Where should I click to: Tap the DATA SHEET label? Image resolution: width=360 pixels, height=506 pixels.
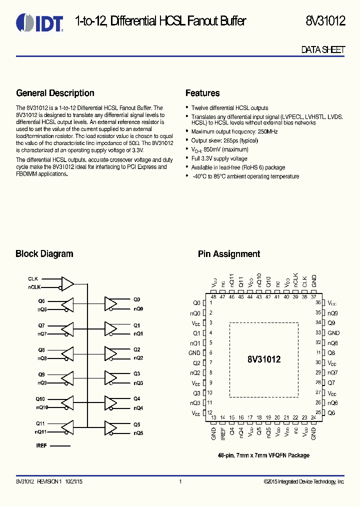click(323, 50)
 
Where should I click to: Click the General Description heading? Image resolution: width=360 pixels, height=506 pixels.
click(55, 93)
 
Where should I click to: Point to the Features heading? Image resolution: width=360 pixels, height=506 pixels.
click(202, 93)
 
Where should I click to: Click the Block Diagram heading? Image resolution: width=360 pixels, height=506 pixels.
click(44, 254)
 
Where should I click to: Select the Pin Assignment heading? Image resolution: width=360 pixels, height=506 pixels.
click(229, 254)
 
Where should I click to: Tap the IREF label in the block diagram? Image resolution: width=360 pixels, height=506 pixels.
click(41, 445)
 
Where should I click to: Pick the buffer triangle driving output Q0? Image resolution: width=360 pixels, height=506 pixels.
click(110, 303)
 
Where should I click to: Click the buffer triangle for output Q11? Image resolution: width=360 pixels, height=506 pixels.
click(67, 427)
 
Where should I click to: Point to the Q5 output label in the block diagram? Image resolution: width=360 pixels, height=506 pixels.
click(137, 424)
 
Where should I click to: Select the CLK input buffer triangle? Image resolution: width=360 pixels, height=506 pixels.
click(67, 283)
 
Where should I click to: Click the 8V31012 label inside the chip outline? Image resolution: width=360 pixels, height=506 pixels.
click(264, 359)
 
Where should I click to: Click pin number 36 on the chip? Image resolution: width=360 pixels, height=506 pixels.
click(318, 303)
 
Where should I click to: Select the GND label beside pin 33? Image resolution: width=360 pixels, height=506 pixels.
click(333, 333)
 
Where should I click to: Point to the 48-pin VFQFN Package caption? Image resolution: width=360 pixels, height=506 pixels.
click(263, 455)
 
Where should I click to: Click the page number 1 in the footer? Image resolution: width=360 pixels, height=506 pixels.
click(180, 481)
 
